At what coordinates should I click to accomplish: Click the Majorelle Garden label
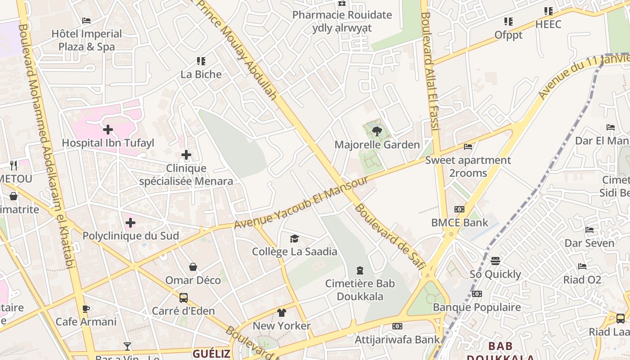tap(377, 144)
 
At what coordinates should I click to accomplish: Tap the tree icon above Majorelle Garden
tap(377, 131)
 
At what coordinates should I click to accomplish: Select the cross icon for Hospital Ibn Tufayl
tap(108, 130)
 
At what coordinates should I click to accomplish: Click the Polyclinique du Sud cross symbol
tap(130, 223)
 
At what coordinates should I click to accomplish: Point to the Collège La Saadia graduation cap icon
tap(294, 238)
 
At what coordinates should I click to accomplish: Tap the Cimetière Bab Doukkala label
tap(360, 290)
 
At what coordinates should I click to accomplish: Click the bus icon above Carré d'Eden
tap(184, 297)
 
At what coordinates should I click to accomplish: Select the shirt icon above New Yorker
tap(282, 313)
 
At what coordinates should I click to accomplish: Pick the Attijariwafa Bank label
tap(397, 339)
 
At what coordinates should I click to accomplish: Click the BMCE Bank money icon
tap(459, 209)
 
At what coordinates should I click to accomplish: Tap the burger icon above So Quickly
tap(495, 261)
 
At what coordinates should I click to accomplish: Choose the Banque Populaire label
tap(477, 307)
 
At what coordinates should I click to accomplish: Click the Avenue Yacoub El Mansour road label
tap(301, 202)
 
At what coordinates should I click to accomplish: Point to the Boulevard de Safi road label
tap(390, 237)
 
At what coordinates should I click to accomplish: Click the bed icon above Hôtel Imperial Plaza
tap(86, 21)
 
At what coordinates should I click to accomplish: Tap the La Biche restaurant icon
tap(201, 61)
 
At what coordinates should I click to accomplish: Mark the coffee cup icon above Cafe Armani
tap(86, 309)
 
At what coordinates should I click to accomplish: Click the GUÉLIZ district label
tap(211, 353)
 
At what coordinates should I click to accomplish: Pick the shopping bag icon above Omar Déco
tap(193, 267)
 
